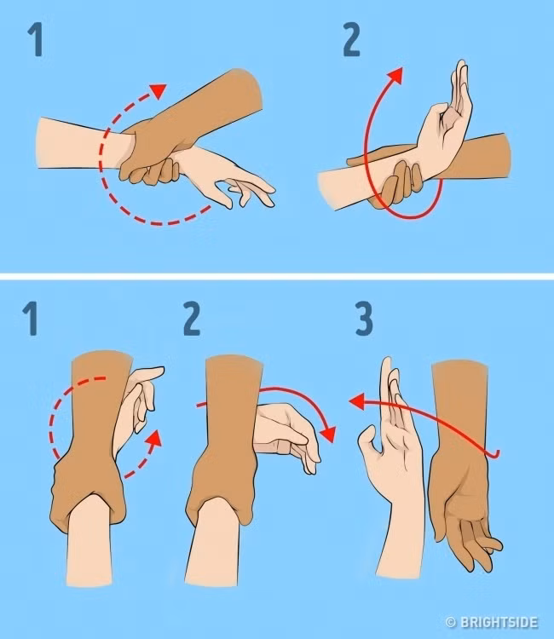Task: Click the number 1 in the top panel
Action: pos(36,39)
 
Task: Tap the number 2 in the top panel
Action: pos(351,39)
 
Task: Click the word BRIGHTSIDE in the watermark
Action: pos(499,623)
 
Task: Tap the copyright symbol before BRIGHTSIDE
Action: pos(451,623)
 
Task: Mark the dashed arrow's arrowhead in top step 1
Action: pos(159,90)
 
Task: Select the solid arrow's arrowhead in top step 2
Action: pos(395,76)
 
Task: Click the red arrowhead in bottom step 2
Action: pos(328,435)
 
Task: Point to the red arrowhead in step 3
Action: pos(357,401)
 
